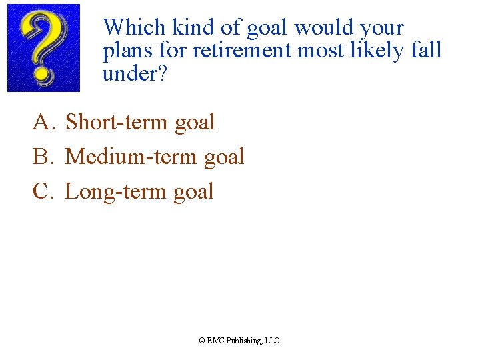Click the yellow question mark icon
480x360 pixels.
43,47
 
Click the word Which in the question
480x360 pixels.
133,28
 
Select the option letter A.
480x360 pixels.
42,122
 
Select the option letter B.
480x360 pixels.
42,157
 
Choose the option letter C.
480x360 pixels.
42,191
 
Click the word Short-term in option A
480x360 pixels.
116,122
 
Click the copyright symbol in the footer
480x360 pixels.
202,341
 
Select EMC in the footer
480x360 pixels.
215,341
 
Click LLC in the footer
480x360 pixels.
273,341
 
